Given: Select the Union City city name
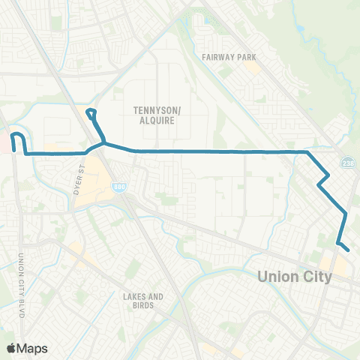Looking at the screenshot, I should pyautogui.click(x=294, y=276).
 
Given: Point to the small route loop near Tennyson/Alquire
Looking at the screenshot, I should pyautogui.click(x=92, y=114).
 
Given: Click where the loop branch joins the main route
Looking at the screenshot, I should pyautogui.click(x=104, y=143).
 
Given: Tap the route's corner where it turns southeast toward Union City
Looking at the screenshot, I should pyautogui.click(x=307, y=152).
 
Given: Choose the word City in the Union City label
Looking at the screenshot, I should pyautogui.click(x=318, y=276).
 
